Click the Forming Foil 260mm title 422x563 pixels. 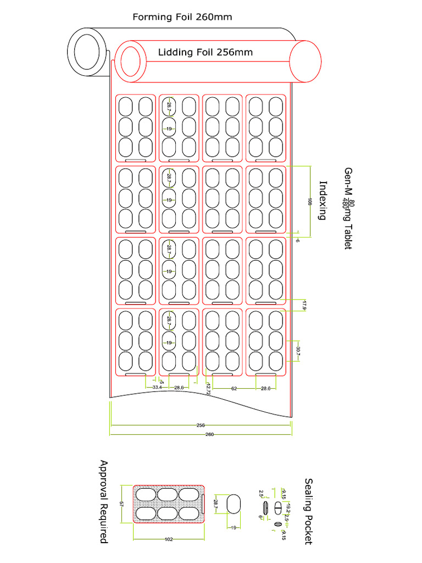(x=182, y=17)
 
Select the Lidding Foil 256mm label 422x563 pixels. (x=206, y=53)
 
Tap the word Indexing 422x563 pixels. (x=323, y=201)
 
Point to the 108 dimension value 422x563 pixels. (x=310, y=201)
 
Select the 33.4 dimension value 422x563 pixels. (x=157, y=388)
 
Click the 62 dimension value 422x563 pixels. (x=234, y=388)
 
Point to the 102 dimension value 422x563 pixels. (x=169, y=539)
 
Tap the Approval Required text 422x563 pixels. (x=103, y=501)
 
